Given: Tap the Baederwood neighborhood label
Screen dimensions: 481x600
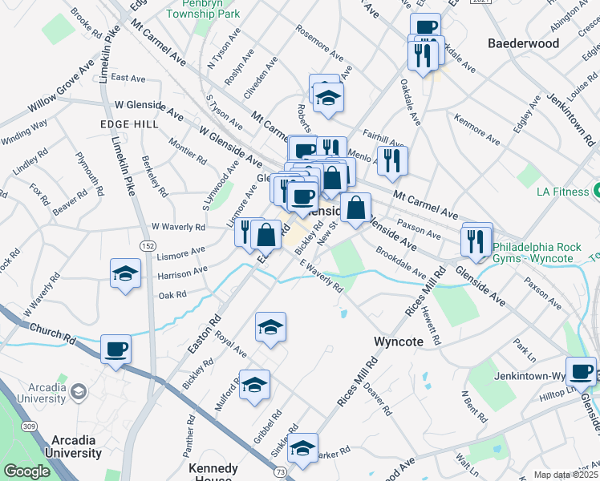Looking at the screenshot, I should (x=523, y=43).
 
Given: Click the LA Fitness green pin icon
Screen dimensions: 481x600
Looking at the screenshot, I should (x=598, y=191).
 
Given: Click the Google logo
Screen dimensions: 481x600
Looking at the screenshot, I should (x=26, y=471).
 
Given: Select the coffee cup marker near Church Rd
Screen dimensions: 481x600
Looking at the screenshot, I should (x=116, y=350).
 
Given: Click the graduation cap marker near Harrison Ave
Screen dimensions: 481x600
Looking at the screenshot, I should (x=126, y=272).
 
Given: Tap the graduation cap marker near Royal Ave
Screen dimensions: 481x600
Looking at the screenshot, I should (x=270, y=327).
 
